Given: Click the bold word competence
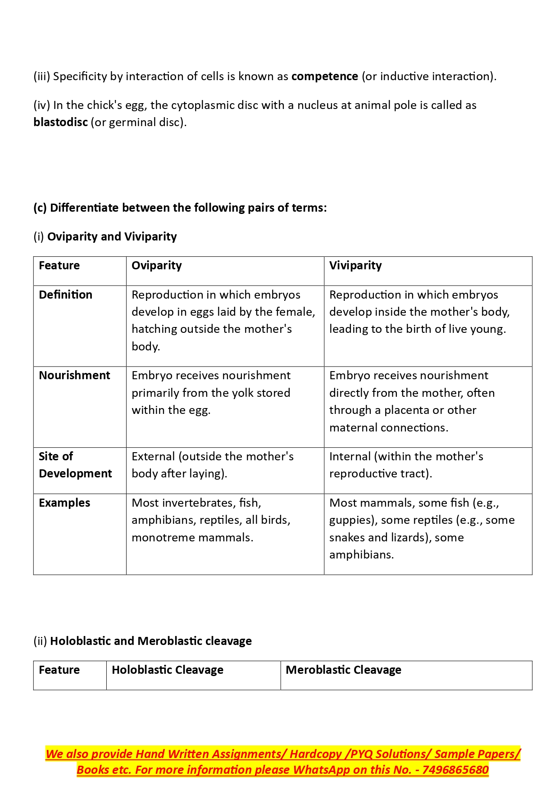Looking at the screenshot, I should (x=324, y=77).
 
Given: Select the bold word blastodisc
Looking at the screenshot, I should (x=60, y=122).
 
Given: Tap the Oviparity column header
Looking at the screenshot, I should (x=156, y=266).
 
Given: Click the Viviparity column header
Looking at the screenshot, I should (x=355, y=266).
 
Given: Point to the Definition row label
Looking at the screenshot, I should (x=65, y=295).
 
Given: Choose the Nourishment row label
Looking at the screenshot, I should (x=74, y=376).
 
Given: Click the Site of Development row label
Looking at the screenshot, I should (x=75, y=465).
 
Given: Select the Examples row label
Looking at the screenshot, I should (x=64, y=503).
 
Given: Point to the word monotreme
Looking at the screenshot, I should (x=163, y=538).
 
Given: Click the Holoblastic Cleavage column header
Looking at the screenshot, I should (x=167, y=670).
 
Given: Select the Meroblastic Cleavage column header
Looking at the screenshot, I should (x=343, y=670).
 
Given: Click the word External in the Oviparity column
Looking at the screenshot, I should (x=153, y=457).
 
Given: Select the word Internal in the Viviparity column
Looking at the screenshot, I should (x=350, y=457).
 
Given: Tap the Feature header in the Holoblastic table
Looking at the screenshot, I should (x=59, y=670).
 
